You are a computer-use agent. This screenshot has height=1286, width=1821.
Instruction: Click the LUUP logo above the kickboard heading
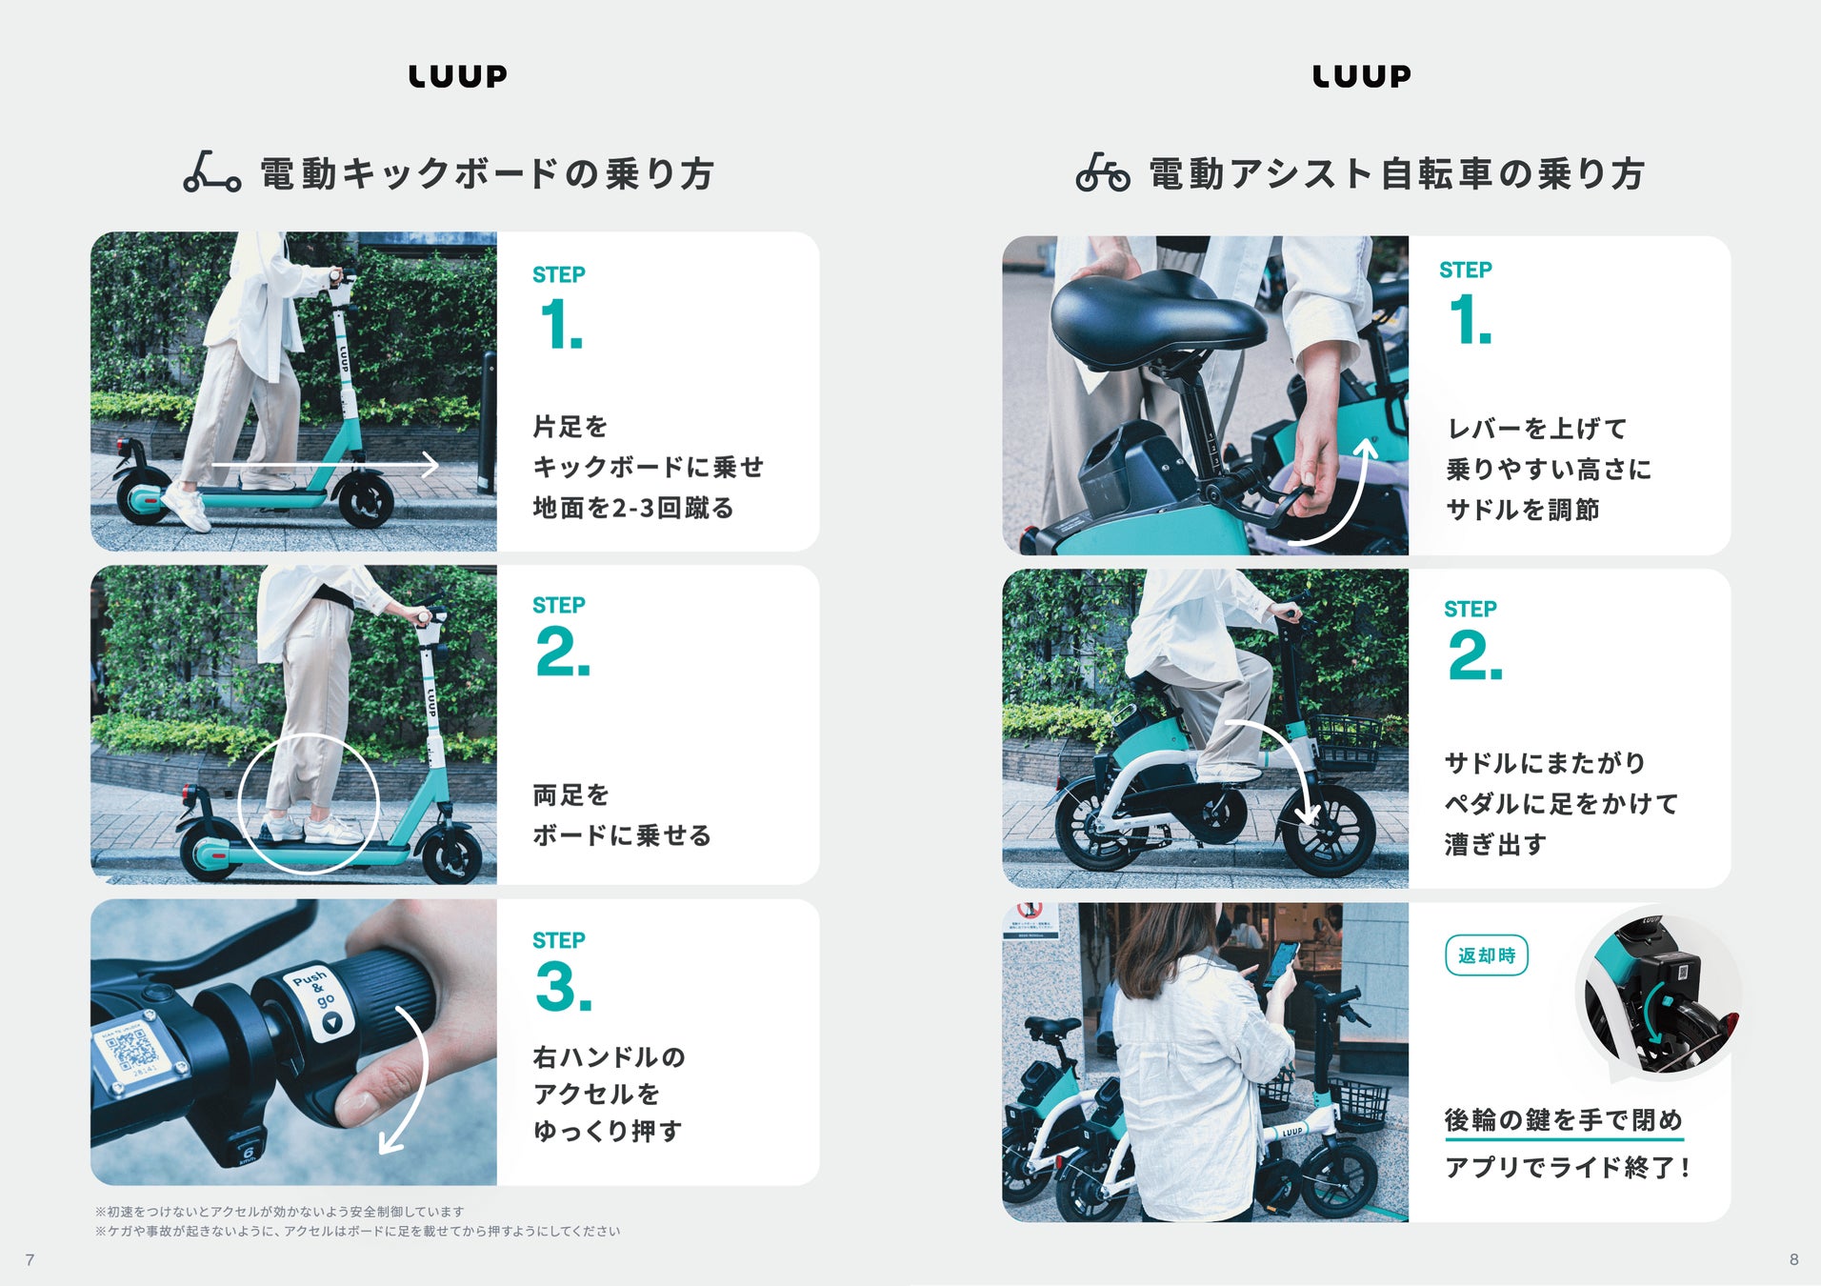tap(458, 76)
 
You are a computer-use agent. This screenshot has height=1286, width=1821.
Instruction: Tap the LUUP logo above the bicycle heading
tap(1362, 76)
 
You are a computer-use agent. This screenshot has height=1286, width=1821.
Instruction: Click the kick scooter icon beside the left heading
tap(211, 171)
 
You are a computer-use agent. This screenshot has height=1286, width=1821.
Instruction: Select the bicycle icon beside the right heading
tap(1103, 172)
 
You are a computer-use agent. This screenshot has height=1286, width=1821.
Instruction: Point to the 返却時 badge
tap(1486, 955)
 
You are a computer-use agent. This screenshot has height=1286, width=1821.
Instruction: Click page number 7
tap(30, 1260)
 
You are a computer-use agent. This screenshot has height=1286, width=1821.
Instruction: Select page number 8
tap(1793, 1259)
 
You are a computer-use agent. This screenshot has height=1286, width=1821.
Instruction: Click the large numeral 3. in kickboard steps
tap(564, 987)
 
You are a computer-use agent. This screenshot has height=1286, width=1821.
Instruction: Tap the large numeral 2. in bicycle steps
tap(1475, 656)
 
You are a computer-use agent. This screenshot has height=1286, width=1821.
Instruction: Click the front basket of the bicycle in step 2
tap(1345, 741)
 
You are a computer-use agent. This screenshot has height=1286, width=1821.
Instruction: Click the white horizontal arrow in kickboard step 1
tap(325, 465)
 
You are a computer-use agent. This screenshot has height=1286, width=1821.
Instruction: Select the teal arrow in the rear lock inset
tap(1657, 1015)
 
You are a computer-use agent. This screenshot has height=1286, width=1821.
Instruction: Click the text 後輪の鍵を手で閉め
tap(1564, 1120)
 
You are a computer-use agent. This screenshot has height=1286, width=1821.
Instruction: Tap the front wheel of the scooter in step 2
tap(450, 853)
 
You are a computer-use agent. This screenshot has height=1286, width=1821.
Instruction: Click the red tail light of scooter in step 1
tap(121, 446)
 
